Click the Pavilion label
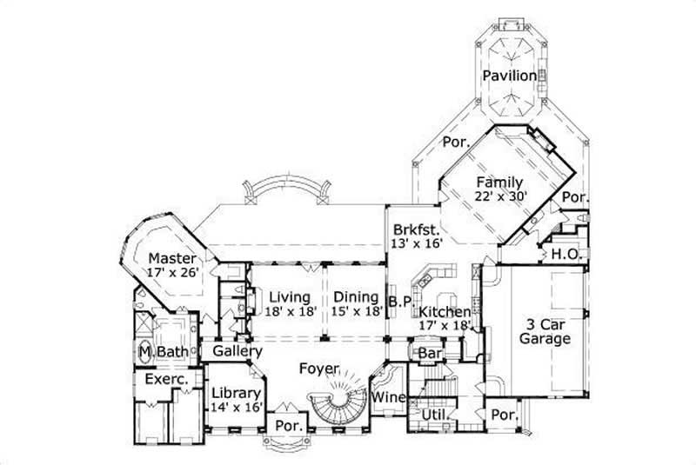click(x=510, y=76)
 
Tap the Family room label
click(x=499, y=183)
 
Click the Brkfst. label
click(x=414, y=229)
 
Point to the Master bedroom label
click(x=171, y=258)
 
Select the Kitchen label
click(x=445, y=311)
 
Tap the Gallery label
click(x=238, y=350)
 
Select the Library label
click(x=236, y=393)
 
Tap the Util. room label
click(x=435, y=416)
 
